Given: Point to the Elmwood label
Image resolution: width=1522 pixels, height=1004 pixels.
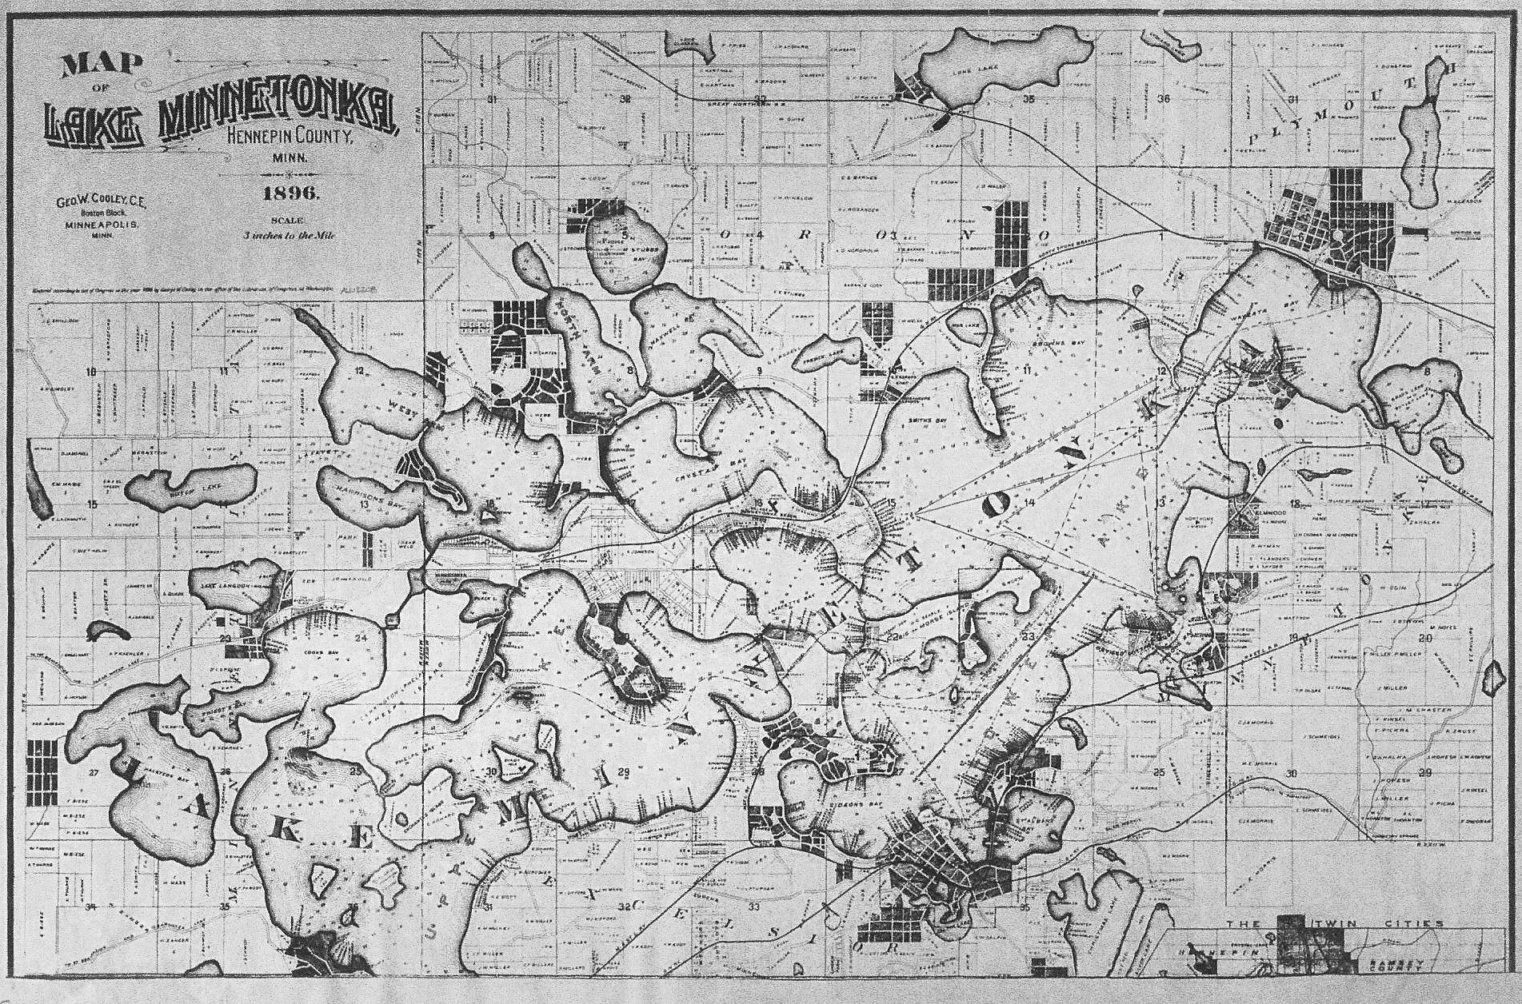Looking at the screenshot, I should pyautogui.click(x=1268, y=509).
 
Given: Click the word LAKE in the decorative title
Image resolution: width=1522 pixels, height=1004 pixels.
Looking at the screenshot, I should pyautogui.click(x=94, y=125).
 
